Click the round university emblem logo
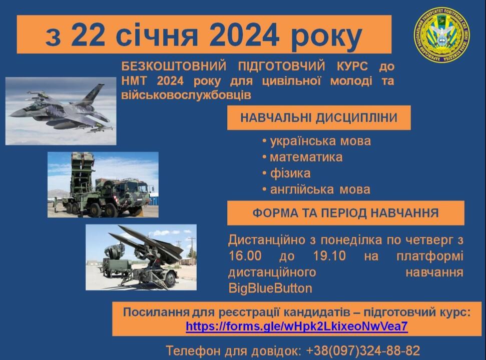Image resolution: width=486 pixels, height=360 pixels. point(441,33)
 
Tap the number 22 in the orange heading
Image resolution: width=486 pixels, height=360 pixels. point(88,34)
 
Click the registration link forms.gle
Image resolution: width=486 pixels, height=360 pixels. point(297,326)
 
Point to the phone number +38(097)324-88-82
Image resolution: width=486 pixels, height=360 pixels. point(363,350)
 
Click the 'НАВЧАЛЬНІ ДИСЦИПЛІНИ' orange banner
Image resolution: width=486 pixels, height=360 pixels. point(319,117)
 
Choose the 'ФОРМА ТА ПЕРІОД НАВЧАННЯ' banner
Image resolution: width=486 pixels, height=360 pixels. point(345,213)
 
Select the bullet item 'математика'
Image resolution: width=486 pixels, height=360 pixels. point(306,157)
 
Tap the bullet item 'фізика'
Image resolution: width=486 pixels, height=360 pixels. point(290,173)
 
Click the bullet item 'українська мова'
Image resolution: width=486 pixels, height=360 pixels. point(320,141)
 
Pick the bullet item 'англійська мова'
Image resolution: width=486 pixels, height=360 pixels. point(320,189)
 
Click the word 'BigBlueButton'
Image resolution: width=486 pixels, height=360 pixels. point(270,288)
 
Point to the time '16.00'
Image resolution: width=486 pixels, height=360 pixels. point(245,256)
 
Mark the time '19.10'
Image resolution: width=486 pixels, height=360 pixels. point(329,256)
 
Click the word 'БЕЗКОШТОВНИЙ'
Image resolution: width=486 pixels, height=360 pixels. point(174,66)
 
